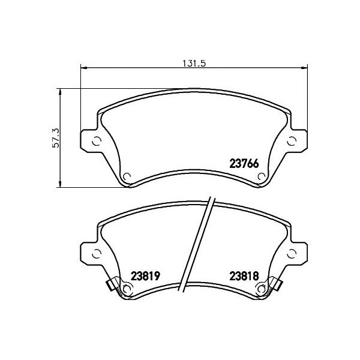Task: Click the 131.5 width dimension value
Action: pos(194,64)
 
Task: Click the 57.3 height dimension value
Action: pos(56,138)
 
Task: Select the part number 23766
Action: pos(244,164)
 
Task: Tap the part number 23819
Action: pos(145,276)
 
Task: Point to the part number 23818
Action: pos(244,276)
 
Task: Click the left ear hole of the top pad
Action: pos(97,141)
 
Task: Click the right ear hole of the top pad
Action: pos(292,141)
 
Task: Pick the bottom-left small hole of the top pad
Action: pos(127,177)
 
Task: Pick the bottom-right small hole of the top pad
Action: pos(262,177)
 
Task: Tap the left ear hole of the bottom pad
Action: pos(97,254)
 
